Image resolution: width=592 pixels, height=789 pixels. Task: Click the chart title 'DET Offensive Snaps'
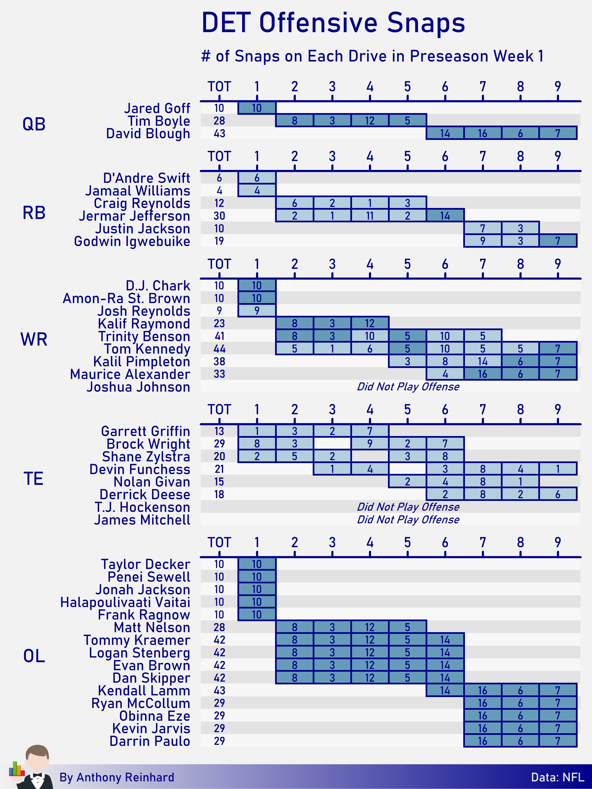(x=333, y=23)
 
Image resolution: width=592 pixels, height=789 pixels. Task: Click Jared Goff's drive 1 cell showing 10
(x=257, y=108)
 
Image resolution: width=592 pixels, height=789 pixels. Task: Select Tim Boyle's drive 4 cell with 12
(x=370, y=120)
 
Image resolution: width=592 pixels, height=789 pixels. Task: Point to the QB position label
(x=34, y=124)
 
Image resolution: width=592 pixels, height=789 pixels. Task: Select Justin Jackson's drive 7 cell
(x=482, y=228)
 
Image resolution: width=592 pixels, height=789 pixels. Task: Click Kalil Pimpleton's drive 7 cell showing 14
(x=482, y=361)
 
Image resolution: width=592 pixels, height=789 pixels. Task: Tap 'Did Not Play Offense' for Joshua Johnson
(x=408, y=387)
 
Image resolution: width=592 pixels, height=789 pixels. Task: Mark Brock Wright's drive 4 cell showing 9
(x=370, y=444)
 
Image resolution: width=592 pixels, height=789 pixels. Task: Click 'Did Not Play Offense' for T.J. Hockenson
(x=408, y=507)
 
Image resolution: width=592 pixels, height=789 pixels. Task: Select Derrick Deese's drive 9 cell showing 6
(x=558, y=494)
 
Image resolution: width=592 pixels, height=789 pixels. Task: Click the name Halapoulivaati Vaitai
(x=125, y=602)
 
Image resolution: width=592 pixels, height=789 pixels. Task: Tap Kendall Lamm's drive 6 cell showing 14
(x=445, y=691)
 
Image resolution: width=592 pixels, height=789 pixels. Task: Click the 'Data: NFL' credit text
(x=557, y=777)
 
